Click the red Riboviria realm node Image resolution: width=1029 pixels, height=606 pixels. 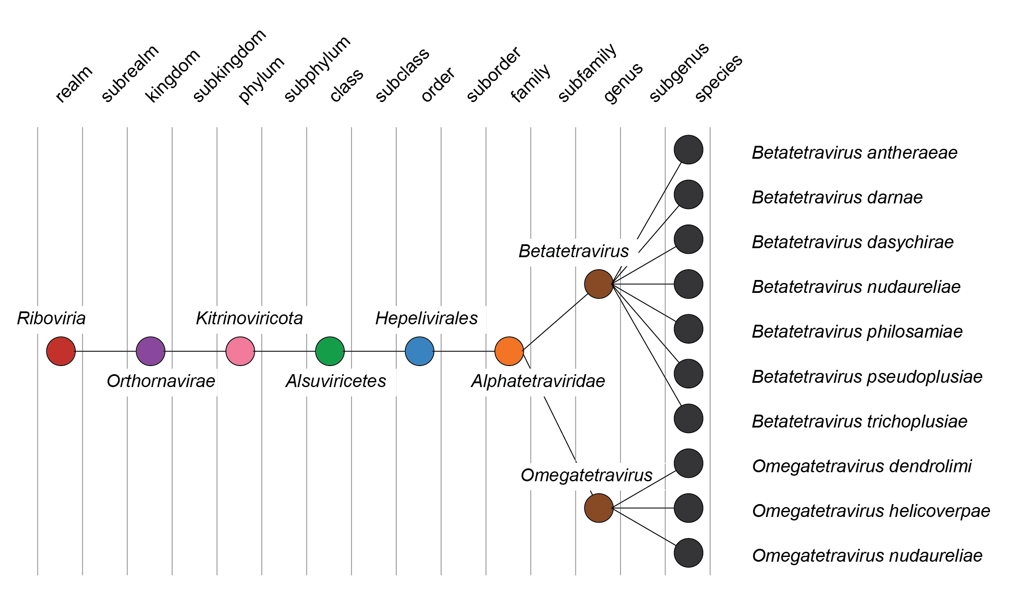pos(61,351)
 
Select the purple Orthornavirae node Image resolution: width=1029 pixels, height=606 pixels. pos(151,351)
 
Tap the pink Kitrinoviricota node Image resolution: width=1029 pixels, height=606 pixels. pos(240,351)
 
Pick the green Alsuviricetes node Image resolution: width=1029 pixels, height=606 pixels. pos(330,351)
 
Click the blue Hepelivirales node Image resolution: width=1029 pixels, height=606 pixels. pos(420,351)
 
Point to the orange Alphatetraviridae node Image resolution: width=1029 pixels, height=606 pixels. pos(509,351)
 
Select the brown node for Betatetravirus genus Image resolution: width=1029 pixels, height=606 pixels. pos(599,284)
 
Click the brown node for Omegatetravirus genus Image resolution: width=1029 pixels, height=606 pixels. pos(599,508)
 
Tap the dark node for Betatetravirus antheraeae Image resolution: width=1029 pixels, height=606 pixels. pos(688,150)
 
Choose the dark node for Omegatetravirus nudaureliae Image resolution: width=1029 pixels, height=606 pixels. pos(688,553)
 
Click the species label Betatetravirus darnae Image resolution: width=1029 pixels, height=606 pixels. pos(837,197)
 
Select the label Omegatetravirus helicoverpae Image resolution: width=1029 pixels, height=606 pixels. pos(871,511)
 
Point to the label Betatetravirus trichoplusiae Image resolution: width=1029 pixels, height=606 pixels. pos(859,421)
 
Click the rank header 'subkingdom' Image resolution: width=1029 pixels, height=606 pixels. pos(229,66)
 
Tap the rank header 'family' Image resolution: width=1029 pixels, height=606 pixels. pos(530,83)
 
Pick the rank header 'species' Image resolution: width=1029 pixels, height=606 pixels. pos(718,78)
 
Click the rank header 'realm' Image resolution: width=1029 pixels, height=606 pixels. pos(74,84)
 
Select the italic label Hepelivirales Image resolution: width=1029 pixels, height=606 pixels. pos(426,319)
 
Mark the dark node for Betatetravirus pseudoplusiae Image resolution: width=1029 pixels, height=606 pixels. pos(688,373)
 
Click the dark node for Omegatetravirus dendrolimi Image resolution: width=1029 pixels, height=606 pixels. pos(688,463)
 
